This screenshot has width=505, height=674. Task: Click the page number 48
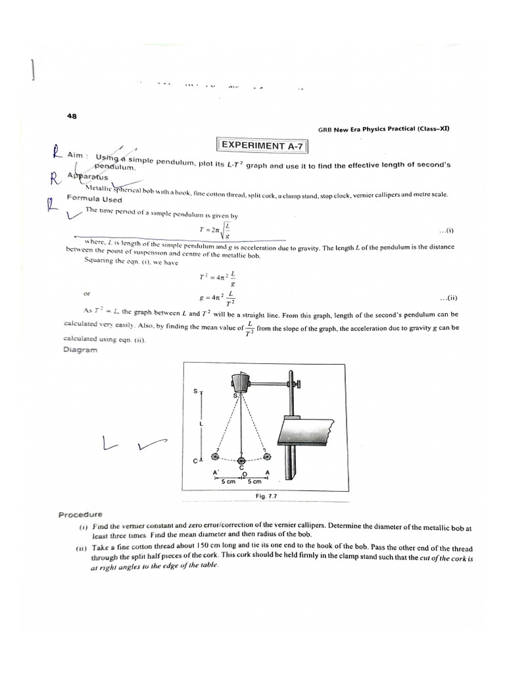coord(72,117)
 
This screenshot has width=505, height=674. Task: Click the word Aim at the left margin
coord(77,155)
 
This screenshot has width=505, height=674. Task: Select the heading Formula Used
coord(94,199)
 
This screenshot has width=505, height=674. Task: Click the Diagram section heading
coord(80,350)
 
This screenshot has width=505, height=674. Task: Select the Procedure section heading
coord(81,515)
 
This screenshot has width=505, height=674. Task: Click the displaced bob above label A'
coord(214,455)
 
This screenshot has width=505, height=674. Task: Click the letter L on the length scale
coord(201,424)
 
